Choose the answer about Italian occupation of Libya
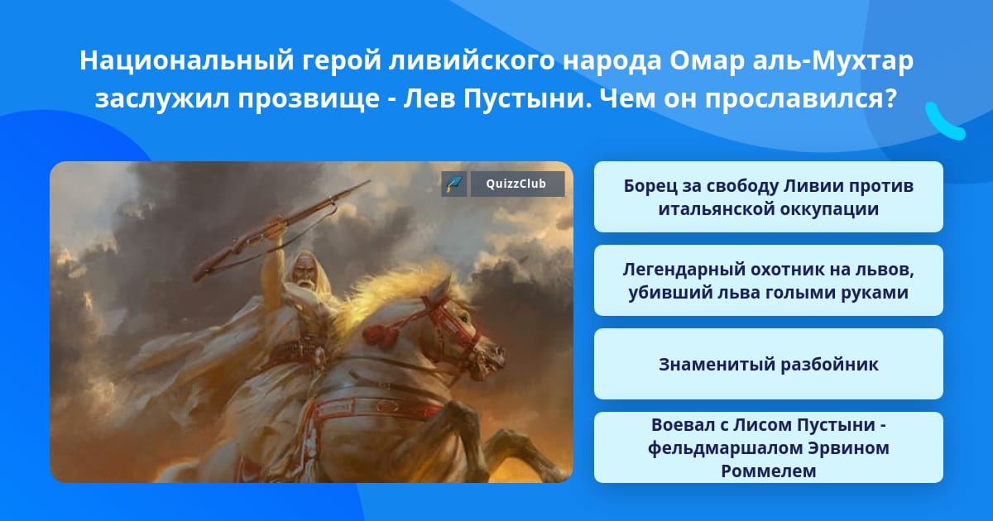pos(768,197)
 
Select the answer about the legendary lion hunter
pos(768,280)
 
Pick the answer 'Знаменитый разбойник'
pos(768,364)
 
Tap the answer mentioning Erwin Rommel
pos(768,447)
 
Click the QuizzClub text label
pos(516,184)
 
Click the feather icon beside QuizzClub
pos(453,184)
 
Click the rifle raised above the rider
pos(281,230)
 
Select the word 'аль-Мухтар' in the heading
pos(833,60)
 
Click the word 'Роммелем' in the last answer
pos(768,471)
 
